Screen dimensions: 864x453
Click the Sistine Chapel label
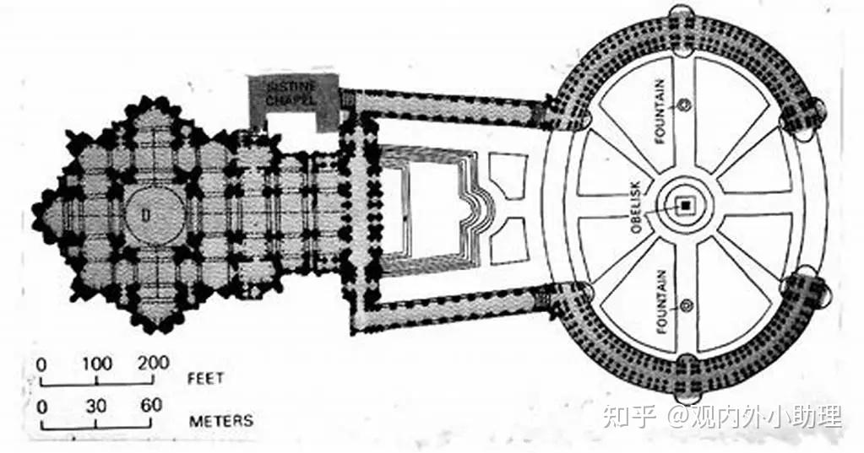pyautogui.click(x=291, y=93)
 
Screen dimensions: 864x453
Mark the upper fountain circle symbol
pyautogui.click(x=685, y=105)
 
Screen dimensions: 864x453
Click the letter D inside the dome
pyautogui.click(x=146, y=216)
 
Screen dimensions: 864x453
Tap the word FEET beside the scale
pyautogui.click(x=206, y=378)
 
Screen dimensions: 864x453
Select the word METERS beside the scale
pyautogui.click(x=220, y=419)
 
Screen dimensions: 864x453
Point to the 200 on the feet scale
pyautogui.click(x=152, y=364)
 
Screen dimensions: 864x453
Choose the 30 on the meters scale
pyautogui.click(x=97, y=406)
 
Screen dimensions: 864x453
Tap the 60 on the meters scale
pyautogui.click(x=151, y=406)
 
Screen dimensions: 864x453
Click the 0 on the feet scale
pyautogui.click(x=41, y=364)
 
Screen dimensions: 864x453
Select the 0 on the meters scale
pyautogui.click(x=41, y=406)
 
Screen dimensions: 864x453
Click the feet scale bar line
pyautogui.click(x=96, y=386)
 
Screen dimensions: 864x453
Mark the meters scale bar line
pyautogui.click(x=96, y=425)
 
